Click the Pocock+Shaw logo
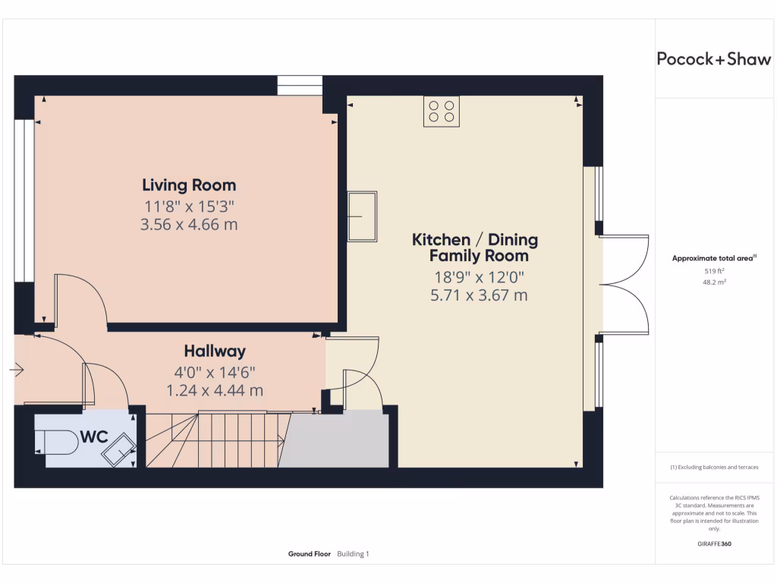point(713,59)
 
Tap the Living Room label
point(189,185)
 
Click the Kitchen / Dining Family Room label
point(475,247)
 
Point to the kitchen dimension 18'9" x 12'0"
point(478,277)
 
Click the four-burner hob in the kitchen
point(441,112)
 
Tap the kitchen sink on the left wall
point(362,216)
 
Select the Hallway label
point(215,351)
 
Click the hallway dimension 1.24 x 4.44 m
point(215,390)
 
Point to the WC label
point(94,438)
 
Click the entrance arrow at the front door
point(17,370)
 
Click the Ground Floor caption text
point(309,554)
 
